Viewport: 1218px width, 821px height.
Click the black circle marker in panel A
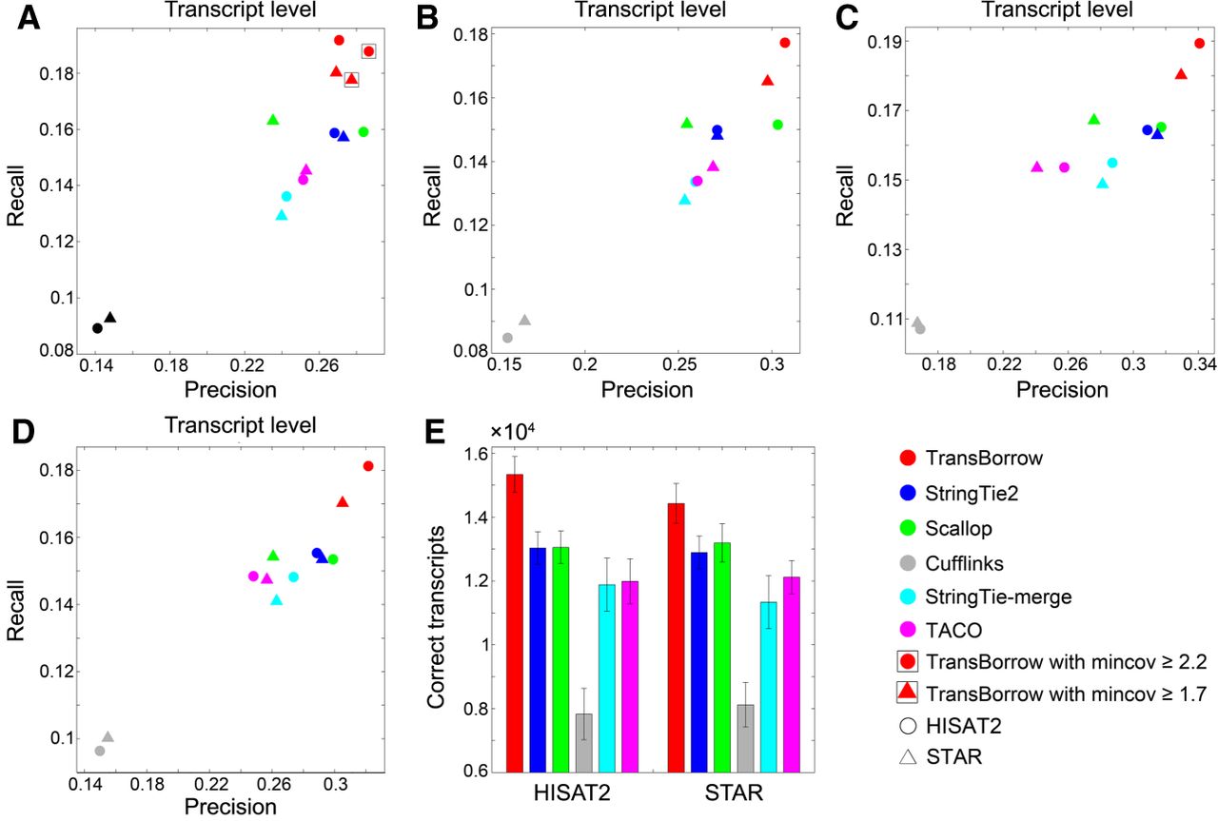pyautogui.click(x=97, y=328)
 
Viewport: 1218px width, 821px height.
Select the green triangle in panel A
pyautogui.click(x=273, y=120)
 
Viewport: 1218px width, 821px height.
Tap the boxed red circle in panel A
pyautogui.click(x=368, y=51)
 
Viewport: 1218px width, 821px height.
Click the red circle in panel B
pyautogui.click(x=785, y=43)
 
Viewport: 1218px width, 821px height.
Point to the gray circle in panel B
pyautogui.click(x=507, y=338)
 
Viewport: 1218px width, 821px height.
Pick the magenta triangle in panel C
pyautogui.click(x=1037, y=166)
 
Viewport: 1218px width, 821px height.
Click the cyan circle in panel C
pyautogui.click(x=1112, y=163)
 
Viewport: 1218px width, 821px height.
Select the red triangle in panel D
pyautogui.click(x=342, y=502)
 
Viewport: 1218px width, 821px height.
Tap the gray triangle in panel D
pyautogui.click(x=108, y=736)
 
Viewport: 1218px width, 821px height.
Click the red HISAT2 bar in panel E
pyautogui.click(x=515, y=623)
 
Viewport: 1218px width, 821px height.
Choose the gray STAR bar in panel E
pyautogui.click(x=745, y=738)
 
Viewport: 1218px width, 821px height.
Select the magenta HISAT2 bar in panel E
pyautogui.click(x=630, y=676)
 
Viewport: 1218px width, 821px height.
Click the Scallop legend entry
pyautogui.click(x=946, y=529)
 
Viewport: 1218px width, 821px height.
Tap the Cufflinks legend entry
pyautogui.click(x=952, y=563)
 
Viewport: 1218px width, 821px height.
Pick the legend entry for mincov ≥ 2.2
pyautogui.click(x=1051, y=662)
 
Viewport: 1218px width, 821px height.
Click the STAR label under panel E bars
pyautogui.click(x=734, y=792)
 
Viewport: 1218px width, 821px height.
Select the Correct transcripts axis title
pyautogui.click(x=436, y=617)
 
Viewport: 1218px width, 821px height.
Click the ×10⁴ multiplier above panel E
pyautogui.click(x=512, y=432)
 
